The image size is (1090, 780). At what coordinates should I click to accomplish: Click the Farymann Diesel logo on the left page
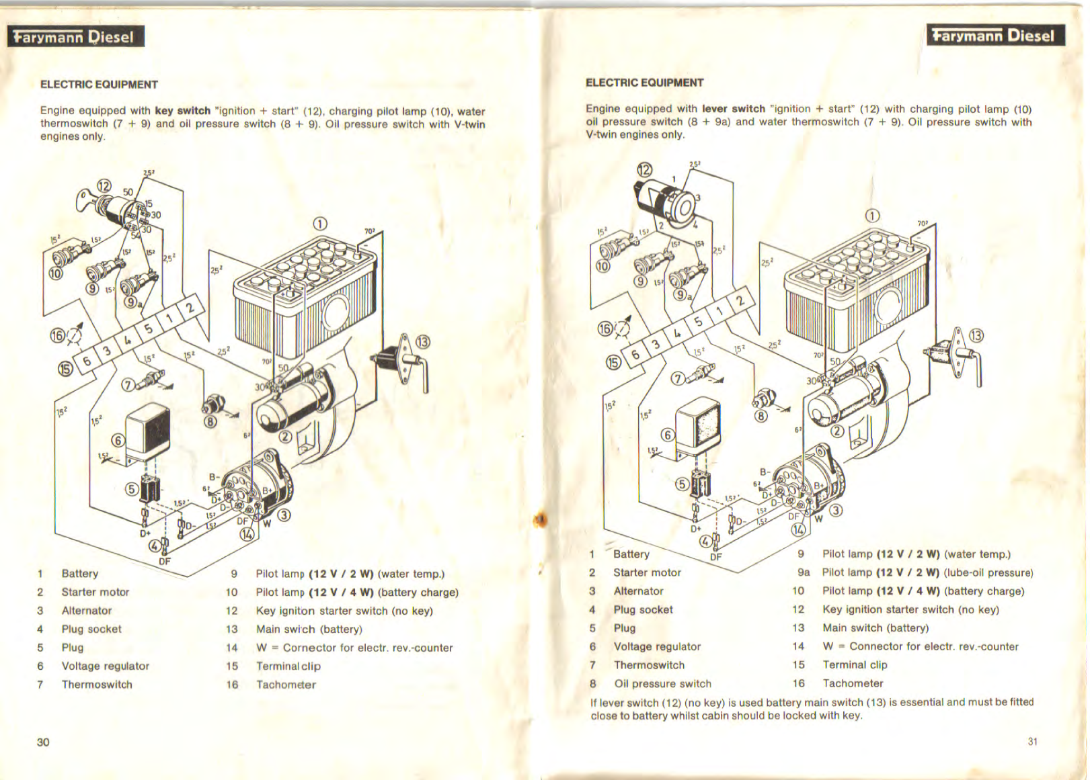click(x=75, y=37)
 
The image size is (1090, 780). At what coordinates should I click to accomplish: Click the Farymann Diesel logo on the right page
click(x=995, y=36)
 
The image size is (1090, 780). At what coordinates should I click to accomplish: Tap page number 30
click(x=43, y=742)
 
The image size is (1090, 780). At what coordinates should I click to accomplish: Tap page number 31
click(x=1032, y=741)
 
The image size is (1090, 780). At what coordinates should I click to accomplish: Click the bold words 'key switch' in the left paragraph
click(x=182, y=111)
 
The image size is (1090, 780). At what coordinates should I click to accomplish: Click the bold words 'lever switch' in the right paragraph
click(x=734, y=109)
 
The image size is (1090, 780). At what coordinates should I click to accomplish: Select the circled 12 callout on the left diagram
click(x=104, y=186)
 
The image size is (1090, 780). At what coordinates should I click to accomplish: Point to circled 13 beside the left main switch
click(x=422, y=341)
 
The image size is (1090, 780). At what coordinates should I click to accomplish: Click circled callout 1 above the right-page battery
click(x=871, y=215)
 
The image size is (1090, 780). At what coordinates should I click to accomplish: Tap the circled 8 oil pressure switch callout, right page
click(x=761, y=416)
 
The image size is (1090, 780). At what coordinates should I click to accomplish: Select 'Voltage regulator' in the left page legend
click(x=106, y=666)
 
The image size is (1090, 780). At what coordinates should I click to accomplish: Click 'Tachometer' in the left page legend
click(x=286, y=685)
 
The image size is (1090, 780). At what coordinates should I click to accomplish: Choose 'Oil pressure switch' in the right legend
click(x=662, y=683)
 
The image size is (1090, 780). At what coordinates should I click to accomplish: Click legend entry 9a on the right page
click(x=804, y=572)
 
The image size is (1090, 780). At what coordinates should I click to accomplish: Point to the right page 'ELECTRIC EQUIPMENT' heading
click(x=644, y=83)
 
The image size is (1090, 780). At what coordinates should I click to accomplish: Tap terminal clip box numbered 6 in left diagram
click(x=87, y=361)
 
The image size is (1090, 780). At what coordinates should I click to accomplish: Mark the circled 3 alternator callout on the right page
click(x=836, y=510)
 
